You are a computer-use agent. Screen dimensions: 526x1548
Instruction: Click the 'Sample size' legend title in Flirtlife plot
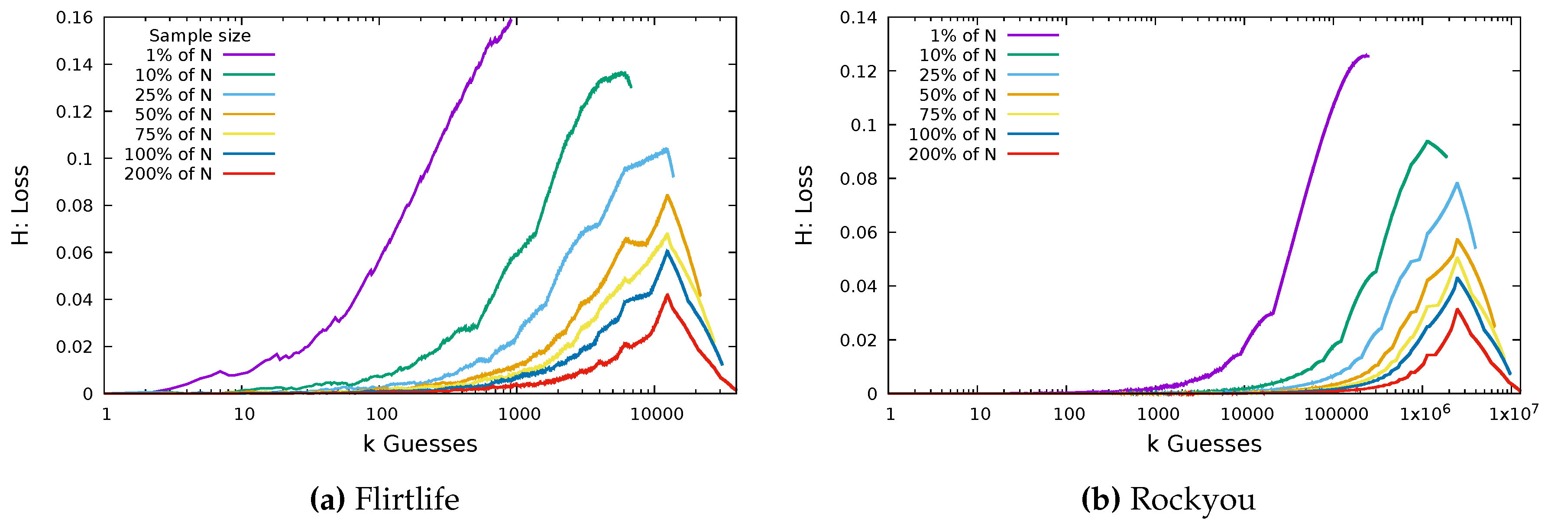click(200, 35)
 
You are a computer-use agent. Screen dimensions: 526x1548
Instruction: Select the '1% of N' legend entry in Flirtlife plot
click(179, 55)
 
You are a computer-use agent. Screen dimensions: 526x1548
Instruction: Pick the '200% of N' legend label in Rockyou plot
click(952, 154)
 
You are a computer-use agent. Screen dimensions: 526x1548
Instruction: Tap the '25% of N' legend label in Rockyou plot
click(957, 75)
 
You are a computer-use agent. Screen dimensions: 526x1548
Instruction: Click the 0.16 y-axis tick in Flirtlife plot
click(74, 18)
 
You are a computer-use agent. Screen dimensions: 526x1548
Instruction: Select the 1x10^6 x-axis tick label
click(1424, 413)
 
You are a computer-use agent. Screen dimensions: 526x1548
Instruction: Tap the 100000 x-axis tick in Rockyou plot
click(1335, 414)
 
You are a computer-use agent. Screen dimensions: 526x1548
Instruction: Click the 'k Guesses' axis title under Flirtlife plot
click(420, 444)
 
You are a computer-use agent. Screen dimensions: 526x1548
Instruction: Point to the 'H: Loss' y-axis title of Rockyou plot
click(804, 205)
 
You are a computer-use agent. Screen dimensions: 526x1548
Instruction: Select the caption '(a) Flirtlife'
click(385, 500)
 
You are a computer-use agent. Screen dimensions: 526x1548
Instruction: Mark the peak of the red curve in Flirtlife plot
click(667, 295)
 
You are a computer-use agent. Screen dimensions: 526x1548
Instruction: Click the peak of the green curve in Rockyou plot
click(1427, 141)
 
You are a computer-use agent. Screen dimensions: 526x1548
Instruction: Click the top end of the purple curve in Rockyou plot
click(1367, 55)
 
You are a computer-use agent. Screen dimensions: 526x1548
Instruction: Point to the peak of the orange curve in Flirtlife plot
click(667, 195)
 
